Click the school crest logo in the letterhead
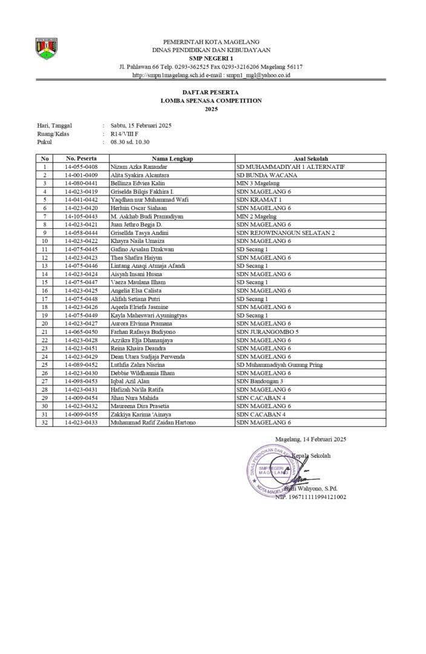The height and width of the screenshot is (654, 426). (x=46, y=48)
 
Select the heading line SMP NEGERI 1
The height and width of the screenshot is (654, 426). (x=211, y=58)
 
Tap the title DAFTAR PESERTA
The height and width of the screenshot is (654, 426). (x=211, y=92)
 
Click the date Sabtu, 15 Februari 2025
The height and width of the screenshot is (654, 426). (x=141, y=125)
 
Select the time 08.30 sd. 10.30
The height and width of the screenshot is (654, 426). (x=129, y=142)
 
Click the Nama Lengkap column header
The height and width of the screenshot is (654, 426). (x=172, y=159)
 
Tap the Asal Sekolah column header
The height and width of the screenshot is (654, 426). (x=310, y=159)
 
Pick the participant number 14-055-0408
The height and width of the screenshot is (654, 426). (x=80, y=167)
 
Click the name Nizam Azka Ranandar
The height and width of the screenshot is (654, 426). (x=139, y=167)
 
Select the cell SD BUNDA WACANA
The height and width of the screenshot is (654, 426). (x=262, y=174)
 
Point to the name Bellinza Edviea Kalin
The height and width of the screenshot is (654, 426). (x=138, y=182)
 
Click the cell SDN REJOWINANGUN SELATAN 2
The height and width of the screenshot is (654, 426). (x=285, y=233)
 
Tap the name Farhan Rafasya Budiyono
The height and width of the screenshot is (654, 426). (x=143, y=332)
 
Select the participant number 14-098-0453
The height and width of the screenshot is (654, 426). (x=80, y=381)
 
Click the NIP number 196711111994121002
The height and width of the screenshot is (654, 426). (x=310, y=497)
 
